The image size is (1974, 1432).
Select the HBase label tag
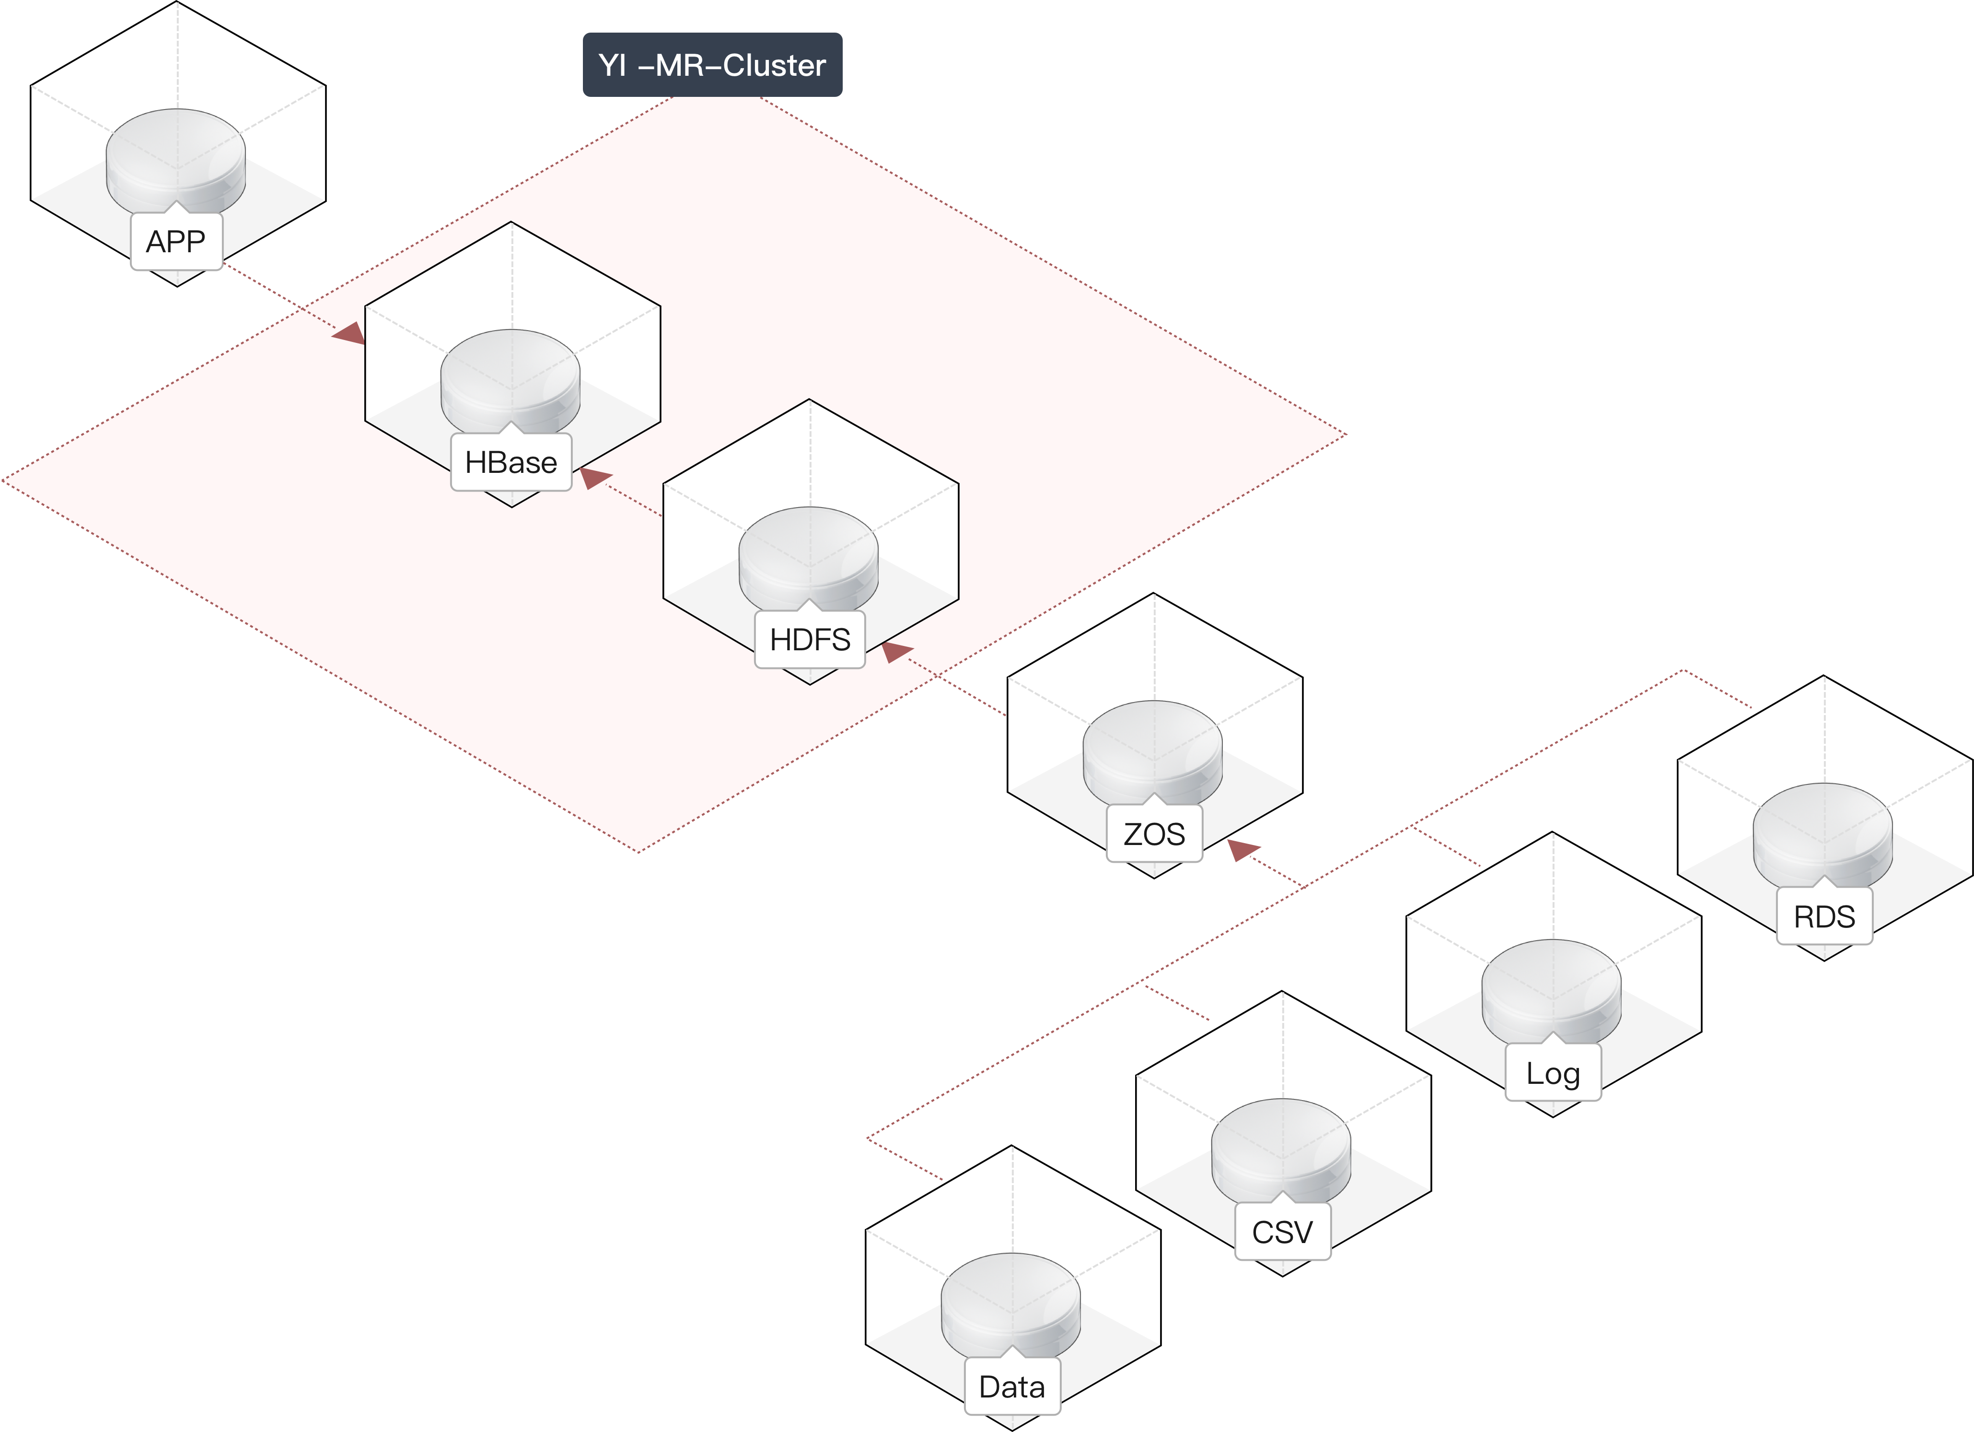tap(511, 462)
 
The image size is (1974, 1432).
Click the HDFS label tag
tap(810, 640)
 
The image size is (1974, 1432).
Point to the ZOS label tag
tap(1154, 834)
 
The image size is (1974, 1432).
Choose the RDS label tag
tap(1824, 916)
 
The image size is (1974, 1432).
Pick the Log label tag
tap(1553, 1073)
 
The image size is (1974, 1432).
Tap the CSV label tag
tap(1282, 1232)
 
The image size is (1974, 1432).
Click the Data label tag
tap(1012, 1387)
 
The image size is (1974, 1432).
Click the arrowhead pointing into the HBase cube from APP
tap(351, 333)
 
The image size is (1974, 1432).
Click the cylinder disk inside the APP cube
tap(176, 157)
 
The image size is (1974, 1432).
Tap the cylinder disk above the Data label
tap(1010, 1302)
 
